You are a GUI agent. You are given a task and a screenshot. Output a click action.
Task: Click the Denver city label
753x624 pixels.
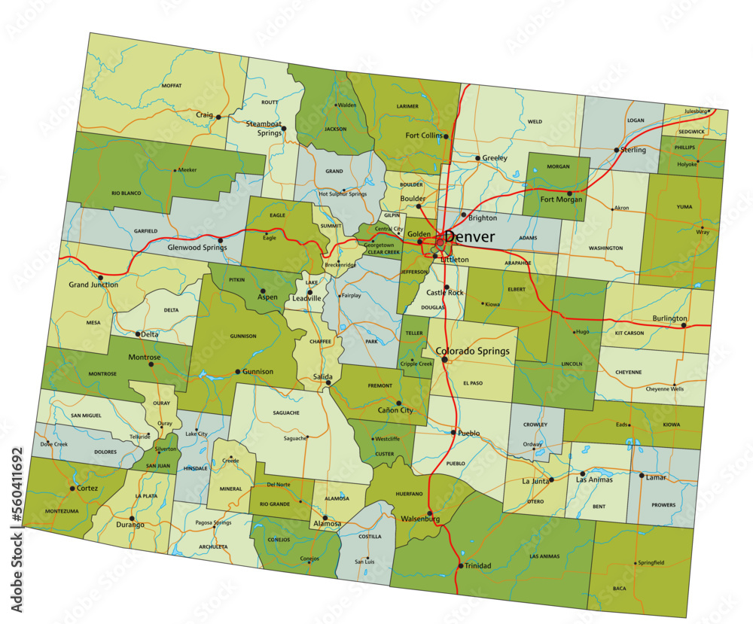tap(470, 237)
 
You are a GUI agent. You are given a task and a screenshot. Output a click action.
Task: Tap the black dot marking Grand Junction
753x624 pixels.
tap(100, 278)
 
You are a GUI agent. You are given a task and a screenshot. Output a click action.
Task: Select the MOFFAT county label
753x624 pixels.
tap(172, 86)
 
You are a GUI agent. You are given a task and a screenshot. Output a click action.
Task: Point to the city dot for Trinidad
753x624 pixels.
tap(460, 566)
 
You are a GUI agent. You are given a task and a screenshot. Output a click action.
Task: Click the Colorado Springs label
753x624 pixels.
tap(473, 351)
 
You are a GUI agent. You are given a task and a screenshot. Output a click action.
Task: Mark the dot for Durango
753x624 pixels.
tap(132, 518)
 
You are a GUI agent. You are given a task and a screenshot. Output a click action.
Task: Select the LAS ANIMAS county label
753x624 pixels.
tap(544, 556)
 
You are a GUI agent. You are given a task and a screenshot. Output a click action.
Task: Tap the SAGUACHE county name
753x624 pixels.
tap(286, 412)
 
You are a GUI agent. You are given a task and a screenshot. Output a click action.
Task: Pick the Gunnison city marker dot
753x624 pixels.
tap(238, 372)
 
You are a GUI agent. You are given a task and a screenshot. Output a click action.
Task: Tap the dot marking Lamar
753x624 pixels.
tap(642, 476)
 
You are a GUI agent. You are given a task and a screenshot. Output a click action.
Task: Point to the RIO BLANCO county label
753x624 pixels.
tap(126, 193)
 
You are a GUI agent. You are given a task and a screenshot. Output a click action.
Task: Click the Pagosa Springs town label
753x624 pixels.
tap(212, 522)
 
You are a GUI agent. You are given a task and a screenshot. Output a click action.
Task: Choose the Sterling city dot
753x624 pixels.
tap(616, 150)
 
